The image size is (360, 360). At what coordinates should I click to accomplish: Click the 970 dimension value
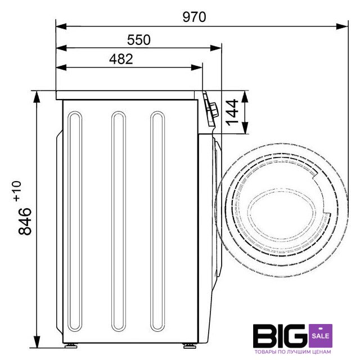coord(194,17)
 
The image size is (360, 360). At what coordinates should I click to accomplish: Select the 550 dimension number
coord(139,40)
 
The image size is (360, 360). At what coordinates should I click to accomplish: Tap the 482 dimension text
coord(121,59)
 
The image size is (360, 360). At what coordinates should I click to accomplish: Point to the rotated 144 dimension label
coord(232,112)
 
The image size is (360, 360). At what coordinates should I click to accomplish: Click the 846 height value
coord(25,221)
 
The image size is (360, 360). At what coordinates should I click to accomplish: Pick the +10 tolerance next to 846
coord(17,191)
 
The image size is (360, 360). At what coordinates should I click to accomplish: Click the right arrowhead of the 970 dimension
coord(343,26)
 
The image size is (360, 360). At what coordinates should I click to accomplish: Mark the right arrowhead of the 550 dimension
coord(216,48)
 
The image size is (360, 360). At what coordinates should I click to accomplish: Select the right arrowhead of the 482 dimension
coord(197,67)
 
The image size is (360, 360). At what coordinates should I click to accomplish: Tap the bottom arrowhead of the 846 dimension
coord(37,342)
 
